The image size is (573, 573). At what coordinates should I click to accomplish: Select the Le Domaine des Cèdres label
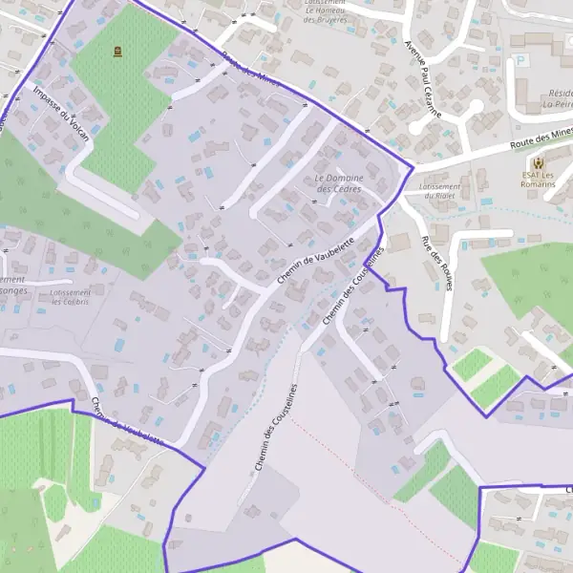point(339,183)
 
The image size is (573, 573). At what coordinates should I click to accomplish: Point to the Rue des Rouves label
point(435,264)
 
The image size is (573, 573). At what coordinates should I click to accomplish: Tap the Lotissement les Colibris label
point(71,297)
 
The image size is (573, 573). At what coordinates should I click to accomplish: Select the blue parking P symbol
point(521,60)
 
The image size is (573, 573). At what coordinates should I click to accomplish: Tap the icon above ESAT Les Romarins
point(541,162)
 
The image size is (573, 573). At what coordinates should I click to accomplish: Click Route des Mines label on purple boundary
point(250,67)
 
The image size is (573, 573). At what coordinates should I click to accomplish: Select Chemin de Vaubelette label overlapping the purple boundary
point(124,420)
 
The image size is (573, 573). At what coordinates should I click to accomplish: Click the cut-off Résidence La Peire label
point(559,99)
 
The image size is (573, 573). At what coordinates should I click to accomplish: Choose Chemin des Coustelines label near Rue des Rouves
point(352,285)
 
